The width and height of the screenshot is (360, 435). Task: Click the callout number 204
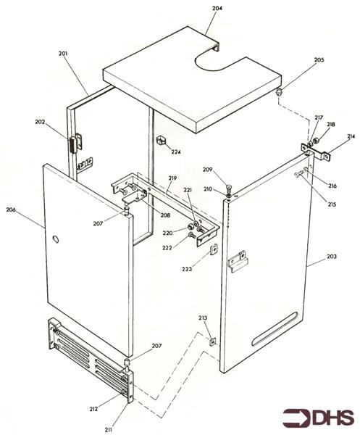tap(217, 8)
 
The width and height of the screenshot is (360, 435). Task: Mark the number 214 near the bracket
tap(351, 136)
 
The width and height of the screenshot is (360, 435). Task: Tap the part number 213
tap(203, 317)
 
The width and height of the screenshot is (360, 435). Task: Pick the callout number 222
tap(167, 248)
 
